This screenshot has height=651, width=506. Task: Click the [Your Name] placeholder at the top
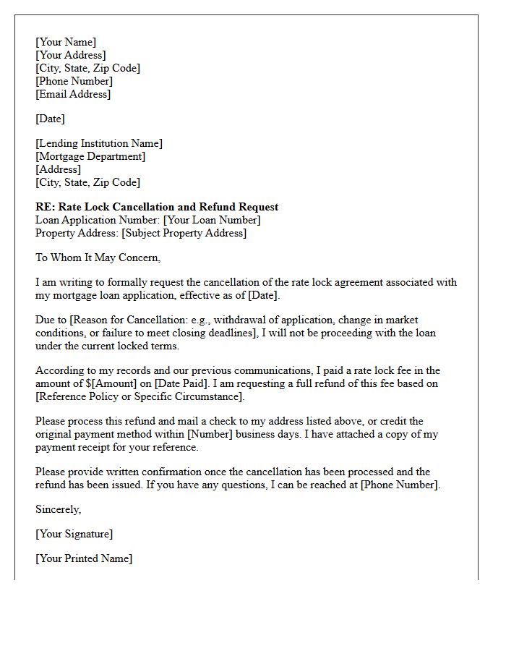tap(66, 42)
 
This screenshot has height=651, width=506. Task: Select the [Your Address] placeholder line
tap(70, 55)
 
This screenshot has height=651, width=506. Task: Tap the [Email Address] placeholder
tap(73, 94)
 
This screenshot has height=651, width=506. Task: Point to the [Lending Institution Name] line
tap(99, 143)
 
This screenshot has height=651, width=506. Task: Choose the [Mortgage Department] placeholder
tap(90, 156)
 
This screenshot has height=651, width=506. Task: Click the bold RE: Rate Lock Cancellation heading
tap(157, 207)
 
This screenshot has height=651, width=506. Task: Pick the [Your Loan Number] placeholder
tap(212, 220)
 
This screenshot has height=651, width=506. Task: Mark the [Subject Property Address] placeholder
tap(184, 233)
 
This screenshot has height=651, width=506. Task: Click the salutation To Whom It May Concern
tap(98, 258)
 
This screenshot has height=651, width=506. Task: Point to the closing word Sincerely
tap(58, 509)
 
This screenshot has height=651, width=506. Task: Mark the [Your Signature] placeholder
tap(74, 534)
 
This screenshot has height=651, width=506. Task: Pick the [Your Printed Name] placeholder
tap(84, 558)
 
